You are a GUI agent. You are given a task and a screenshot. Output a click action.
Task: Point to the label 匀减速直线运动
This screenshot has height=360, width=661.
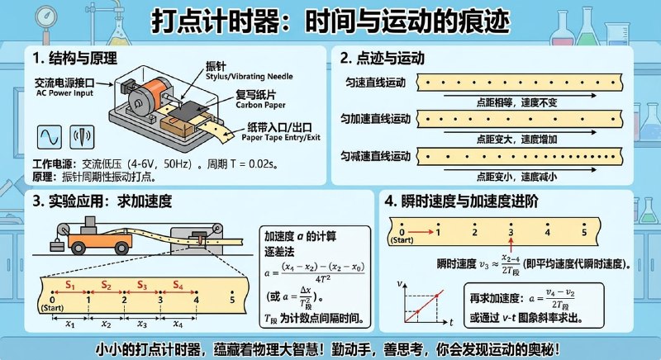coord(377,156)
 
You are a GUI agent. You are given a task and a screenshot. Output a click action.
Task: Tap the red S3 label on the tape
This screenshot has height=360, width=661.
coord(142,286)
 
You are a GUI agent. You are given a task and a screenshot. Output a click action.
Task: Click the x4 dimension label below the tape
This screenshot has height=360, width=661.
coord(178,325)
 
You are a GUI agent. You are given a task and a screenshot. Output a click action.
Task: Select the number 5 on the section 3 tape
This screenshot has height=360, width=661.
coord(232,301)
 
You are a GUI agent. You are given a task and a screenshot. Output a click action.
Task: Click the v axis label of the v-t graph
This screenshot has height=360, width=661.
coord(398,283)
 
